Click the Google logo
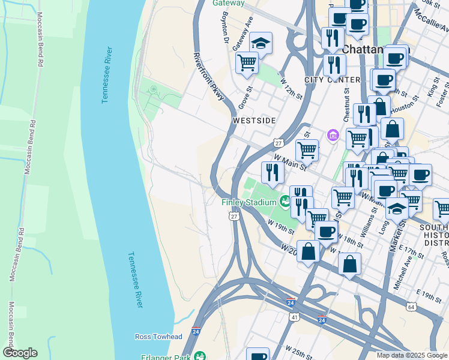[x=20, y=353]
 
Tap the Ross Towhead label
[x=158, y=337]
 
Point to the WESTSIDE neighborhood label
[x=254, y=121]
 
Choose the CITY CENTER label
[x=332, y=80]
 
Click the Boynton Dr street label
[x=226, y=29]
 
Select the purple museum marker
[x=333, y=136]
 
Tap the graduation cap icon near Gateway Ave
[x=260, y=44]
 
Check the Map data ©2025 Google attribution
[x=412, y=355]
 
